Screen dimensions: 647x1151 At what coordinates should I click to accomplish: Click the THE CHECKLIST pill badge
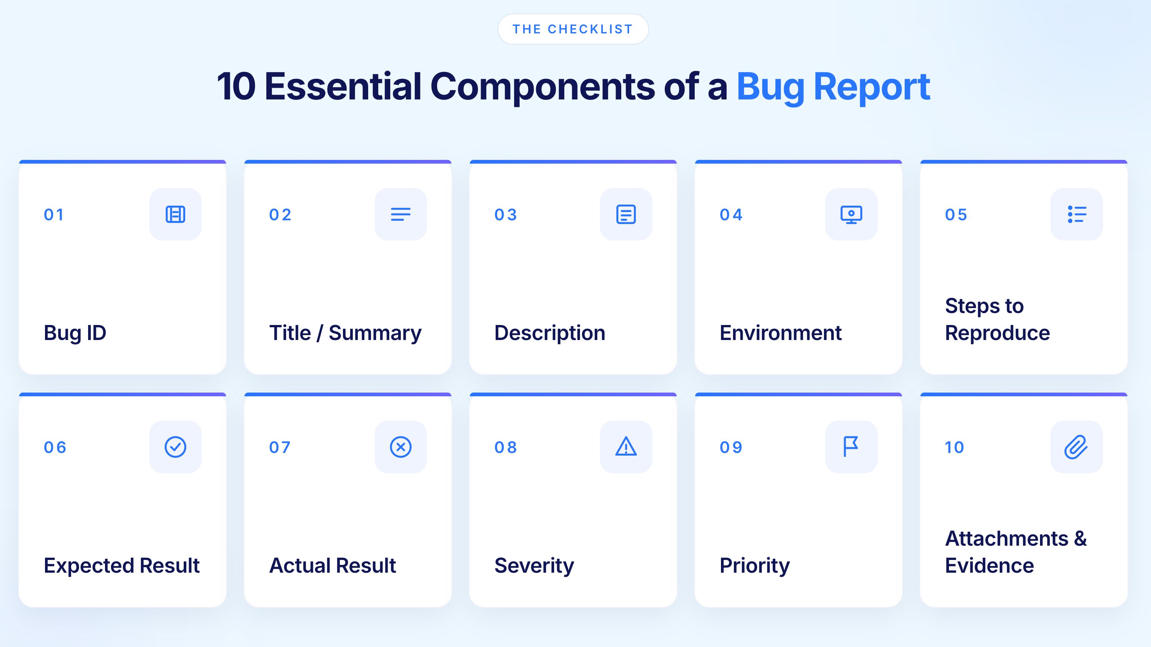(573, 29)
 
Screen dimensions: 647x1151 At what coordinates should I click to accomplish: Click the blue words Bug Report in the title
(833, 86)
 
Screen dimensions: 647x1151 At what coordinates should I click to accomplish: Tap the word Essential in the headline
(343, 86)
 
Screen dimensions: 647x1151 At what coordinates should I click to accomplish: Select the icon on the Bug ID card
(175, 214)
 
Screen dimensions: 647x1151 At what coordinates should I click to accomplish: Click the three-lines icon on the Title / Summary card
(400, 214)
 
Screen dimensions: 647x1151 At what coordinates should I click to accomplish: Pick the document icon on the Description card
(625, 214)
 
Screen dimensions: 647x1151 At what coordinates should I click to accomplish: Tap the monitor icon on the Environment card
(851, 214)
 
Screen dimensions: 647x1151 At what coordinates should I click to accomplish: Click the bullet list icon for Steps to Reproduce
(1076, 214)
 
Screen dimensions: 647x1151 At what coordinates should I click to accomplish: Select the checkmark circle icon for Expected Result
(175, 447)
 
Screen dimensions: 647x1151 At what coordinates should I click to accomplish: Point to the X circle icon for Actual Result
(400, 447)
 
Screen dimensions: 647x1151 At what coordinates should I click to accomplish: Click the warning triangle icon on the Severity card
(625, 447)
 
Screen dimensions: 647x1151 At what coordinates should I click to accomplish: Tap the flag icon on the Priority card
(851, 447)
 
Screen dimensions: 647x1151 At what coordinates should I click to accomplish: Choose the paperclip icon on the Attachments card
(1076, 447)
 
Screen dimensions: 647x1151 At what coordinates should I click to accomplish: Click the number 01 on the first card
(54, 215)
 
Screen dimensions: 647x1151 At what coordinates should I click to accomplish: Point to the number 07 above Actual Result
(280, 447)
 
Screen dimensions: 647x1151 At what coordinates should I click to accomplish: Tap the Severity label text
(534, 566)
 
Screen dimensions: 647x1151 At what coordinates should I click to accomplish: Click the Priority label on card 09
(754, 566)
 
